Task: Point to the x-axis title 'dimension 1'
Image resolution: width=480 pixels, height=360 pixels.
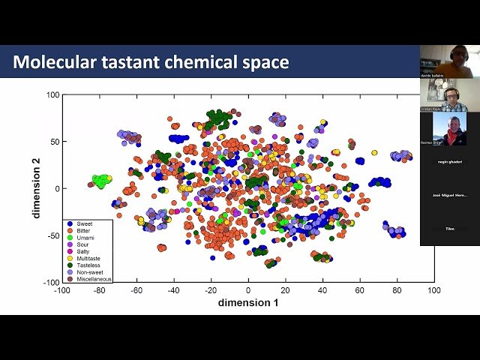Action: pos(248,302)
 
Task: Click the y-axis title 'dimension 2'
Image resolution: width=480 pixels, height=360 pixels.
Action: pos(36,188)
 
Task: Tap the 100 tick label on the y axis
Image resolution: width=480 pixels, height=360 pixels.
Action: pos(52,94)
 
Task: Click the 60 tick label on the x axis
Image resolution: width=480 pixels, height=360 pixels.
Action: pos(359,289)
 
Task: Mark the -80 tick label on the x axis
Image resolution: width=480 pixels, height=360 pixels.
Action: pos(99,289)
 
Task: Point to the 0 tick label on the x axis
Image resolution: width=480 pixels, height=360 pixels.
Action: pos(248,289)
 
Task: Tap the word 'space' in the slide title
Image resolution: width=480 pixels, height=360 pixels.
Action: pos(264,62)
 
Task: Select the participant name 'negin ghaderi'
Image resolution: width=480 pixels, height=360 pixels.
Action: pos(449,161)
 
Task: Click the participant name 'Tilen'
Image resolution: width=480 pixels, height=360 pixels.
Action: pos(449,229)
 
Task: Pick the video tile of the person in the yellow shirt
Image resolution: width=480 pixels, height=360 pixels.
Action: pos(449,60)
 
